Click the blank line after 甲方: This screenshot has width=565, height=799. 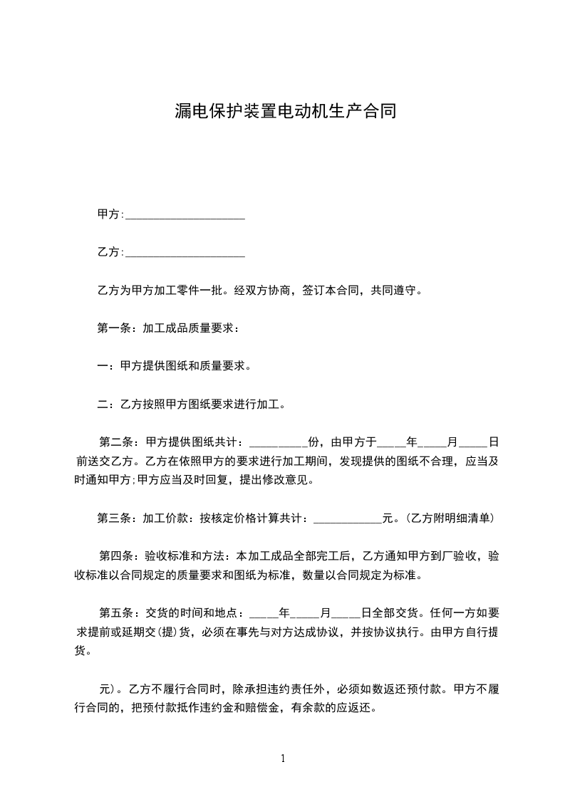click(x=185, y=215)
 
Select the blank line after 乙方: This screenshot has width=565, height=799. click(x=185, y=253)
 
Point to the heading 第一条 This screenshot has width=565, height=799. click(x=112, y=328)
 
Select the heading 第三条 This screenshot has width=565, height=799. click(x=112, y=518)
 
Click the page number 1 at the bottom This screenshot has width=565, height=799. click(x=284, y=758)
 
